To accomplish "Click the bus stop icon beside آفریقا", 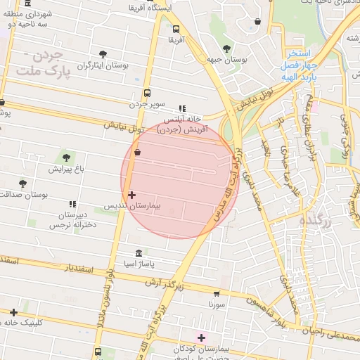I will tap(176, 30).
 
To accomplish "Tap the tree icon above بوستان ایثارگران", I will tap(103, 53).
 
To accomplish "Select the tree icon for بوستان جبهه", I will tap(226, 49).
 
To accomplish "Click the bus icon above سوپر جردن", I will tap(147, 93).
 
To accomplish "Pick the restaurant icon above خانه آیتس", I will tap(183, 108).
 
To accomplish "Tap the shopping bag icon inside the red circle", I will tap(136, 152).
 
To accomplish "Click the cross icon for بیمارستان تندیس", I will tap(131, 194).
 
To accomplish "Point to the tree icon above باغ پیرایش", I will tap(67, 157).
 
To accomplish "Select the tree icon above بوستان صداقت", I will tap(23, 183).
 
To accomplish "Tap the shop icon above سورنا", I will tap(216, 294).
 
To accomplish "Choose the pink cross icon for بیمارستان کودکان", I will tap(202, 338).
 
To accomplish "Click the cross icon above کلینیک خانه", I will tap(13, 311).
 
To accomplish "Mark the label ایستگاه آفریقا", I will tap(146, 8).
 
